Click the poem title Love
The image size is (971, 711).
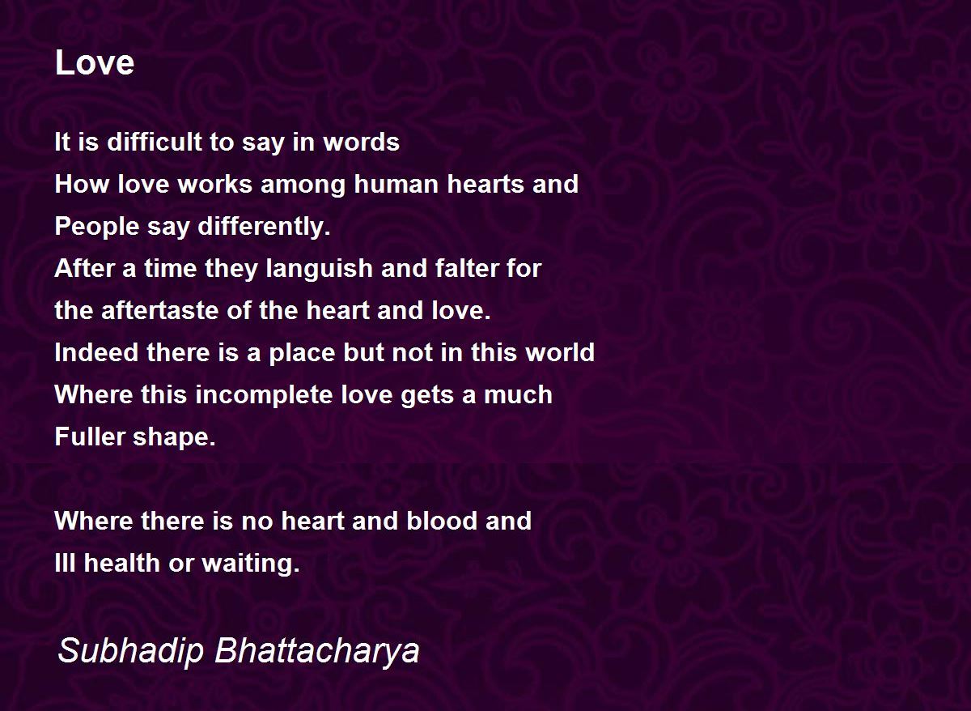tap(95, 62)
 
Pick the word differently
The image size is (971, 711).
tap(264, 227)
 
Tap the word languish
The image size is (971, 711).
tap(319, 269)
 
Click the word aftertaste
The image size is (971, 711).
tap(159, 310)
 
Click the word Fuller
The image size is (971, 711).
tap(90, 436)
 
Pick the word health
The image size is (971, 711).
tap(122, 563)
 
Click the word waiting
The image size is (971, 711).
tap(251, 564)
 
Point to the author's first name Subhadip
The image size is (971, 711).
tap(130, 651)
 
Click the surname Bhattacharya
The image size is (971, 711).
tap(317, 651)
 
